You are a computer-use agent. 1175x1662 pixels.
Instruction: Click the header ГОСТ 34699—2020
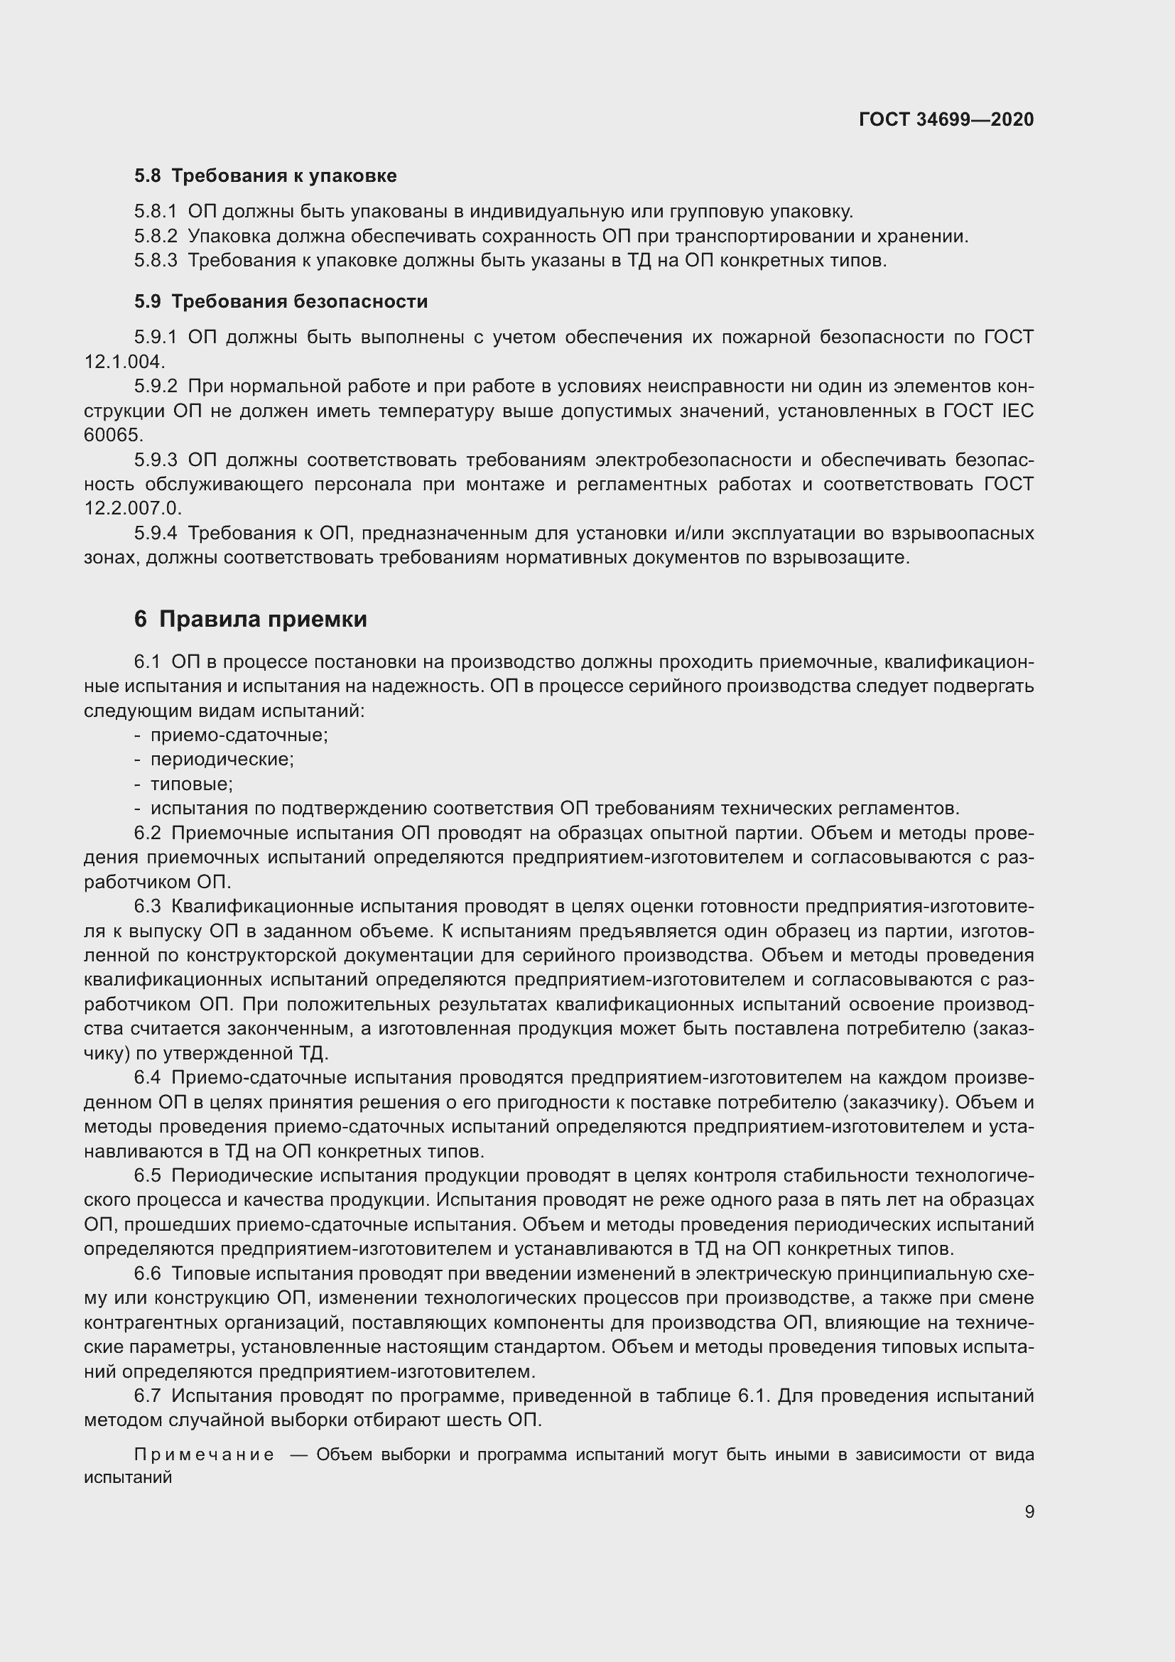(x=946, y=119)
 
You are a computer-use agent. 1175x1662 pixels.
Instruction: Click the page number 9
(x=1029, y=1511)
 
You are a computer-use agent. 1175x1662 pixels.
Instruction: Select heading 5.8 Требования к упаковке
(x=265, y=176)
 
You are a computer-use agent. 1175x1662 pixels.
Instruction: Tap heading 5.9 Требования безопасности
(x=281, y=301)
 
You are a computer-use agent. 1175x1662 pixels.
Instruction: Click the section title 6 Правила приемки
(x=250, y=619)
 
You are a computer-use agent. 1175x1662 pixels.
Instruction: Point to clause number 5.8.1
(x=155, y=211)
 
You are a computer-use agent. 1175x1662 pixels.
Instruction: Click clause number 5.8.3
(x=155, y=261)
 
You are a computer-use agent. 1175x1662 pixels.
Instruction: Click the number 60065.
(x=114, y=435)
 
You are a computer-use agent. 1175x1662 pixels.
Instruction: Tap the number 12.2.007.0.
(x=132, y=508)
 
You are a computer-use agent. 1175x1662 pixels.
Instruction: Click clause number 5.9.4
(x=155, y=534)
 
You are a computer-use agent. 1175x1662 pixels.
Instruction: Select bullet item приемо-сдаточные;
(x=239, y=735)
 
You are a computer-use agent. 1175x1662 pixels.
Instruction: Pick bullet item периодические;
(x=222, y=760)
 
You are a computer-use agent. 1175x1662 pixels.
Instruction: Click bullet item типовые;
(x=191, y=784)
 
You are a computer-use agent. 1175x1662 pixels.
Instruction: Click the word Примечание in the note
(x=204, y=1455)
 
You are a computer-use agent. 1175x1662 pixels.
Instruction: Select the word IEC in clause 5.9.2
(x=1017, y=411)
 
